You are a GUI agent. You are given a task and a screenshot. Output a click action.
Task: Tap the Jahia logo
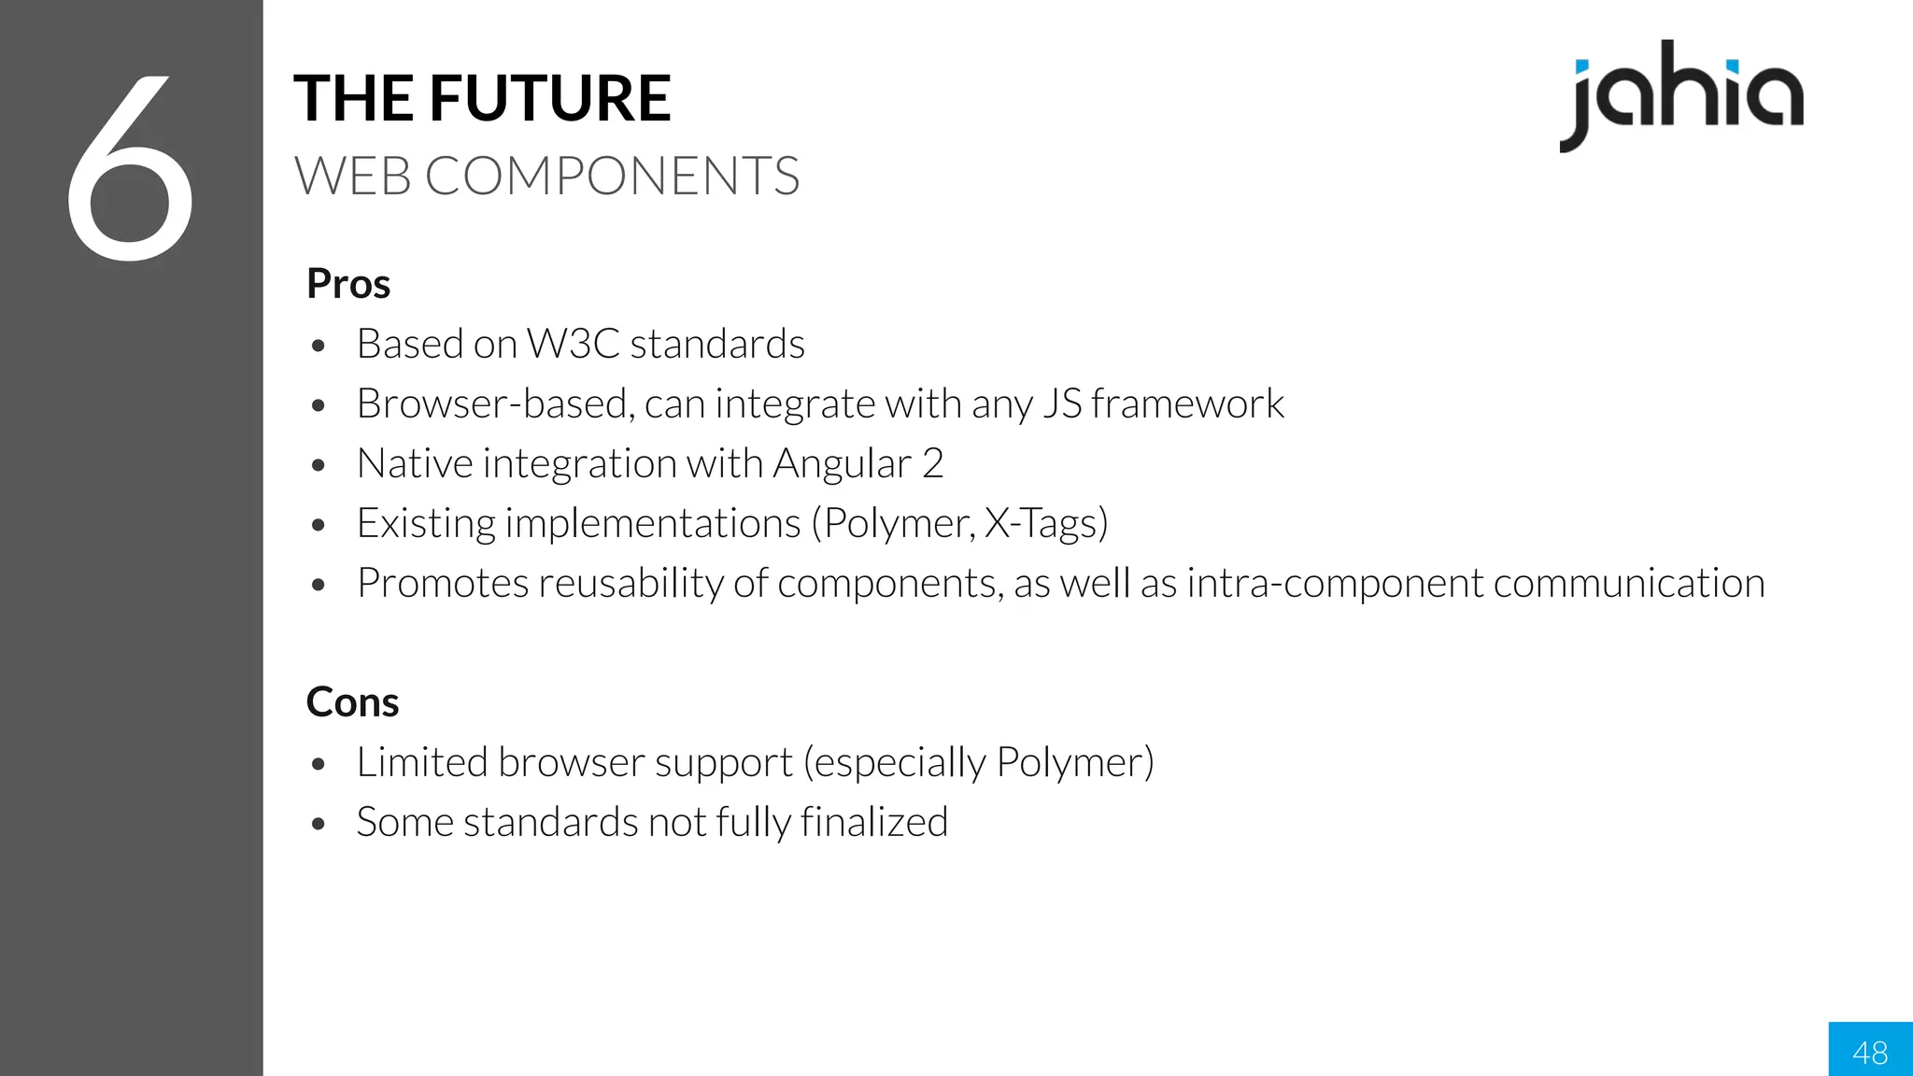[x=1681, y=96]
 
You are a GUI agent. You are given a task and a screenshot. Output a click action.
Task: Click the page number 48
[x=1870, y=1053]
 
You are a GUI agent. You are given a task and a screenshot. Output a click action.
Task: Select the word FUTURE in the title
[x=550, y=98]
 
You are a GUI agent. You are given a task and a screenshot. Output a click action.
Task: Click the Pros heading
[x=348, y=284]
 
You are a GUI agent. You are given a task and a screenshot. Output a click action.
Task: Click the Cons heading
[x=352, y=702]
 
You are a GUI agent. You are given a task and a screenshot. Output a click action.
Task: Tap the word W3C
[x=573, y=344]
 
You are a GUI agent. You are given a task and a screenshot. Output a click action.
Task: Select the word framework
[x=1187, y=403]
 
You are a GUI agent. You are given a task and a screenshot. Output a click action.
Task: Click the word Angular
[x=842, y=464]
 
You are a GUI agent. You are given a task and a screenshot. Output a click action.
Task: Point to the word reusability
[x=631, y=584]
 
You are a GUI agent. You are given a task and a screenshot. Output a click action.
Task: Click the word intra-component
[x=1335, y=584]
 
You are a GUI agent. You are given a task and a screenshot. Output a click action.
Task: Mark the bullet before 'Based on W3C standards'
[x=319, y=347]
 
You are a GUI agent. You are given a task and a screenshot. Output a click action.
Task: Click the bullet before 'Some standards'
[x=319, y=825]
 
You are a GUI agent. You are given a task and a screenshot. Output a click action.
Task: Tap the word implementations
[x=653, y=524]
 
